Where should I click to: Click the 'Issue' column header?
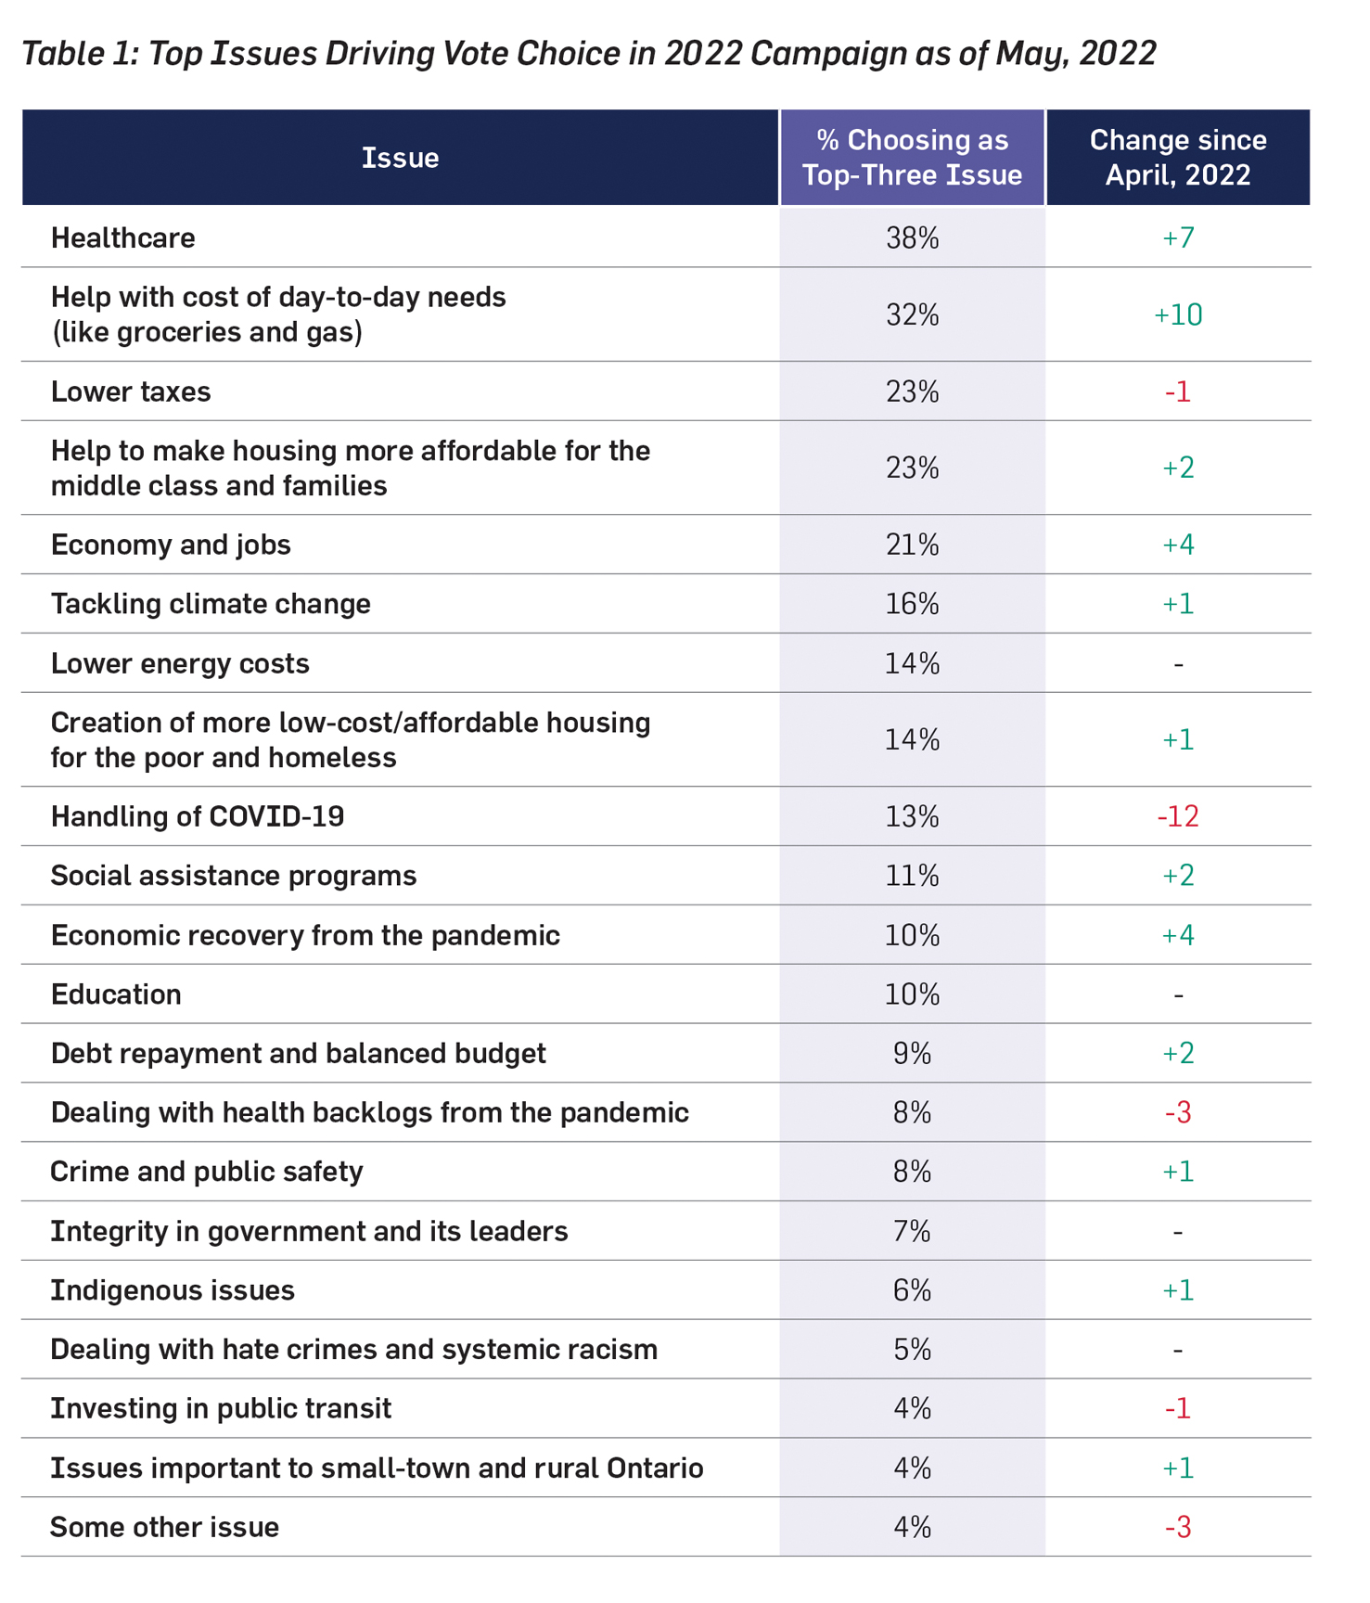click(400, 158)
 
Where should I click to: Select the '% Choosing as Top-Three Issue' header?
click(912, 158)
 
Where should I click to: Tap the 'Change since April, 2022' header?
click(1177, 158)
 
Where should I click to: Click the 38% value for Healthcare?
click(912, 238)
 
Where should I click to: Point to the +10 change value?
click(1177, 315)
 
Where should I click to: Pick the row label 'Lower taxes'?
click(131, 391)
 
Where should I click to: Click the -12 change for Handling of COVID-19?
click(1177, 816)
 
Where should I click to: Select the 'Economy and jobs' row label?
click(171, 545)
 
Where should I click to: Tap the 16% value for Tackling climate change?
click(912, 604)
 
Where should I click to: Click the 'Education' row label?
click(116, 994)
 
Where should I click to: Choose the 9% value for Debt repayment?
click(912, 1054)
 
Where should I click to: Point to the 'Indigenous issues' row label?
click(173, 1290)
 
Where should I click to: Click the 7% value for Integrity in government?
click(912, 1231)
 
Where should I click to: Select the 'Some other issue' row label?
click(164, 1527)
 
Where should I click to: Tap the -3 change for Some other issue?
click(1177, 1527)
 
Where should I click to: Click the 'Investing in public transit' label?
click(221, 1408)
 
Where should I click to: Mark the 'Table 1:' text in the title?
click(80, 54)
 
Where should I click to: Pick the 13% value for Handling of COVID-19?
click(912, 816)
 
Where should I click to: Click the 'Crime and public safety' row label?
click(207, 1172)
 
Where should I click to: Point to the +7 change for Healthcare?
click(1177, 238)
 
